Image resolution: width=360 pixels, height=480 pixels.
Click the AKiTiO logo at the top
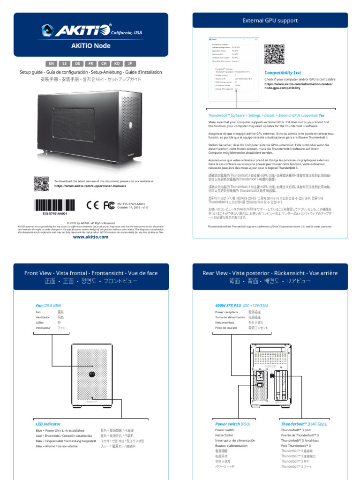point(82,31)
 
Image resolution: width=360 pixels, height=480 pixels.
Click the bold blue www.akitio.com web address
point(90,237)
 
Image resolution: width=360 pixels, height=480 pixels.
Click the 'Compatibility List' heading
point(283,73)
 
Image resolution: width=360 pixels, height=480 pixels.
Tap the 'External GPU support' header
point(270,21)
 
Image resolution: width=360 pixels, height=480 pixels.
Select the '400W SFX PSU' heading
point(228,305)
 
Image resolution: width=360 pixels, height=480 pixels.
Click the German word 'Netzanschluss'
point(225,322)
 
